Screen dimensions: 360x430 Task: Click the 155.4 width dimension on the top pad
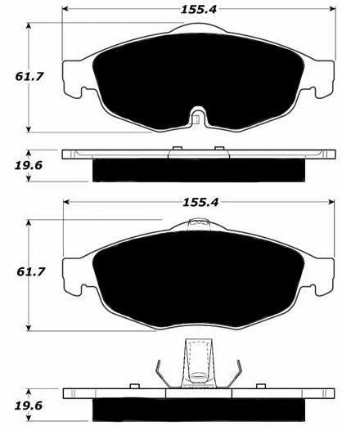click(199, 10)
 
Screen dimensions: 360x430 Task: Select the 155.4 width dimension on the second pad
click(200, 203)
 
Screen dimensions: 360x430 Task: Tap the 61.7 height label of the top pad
click(29, 77)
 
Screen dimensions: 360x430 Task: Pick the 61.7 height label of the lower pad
click(30, 272)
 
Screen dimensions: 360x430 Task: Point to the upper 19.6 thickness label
click(29, 165)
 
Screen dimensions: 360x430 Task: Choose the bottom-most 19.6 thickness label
click(29, 405)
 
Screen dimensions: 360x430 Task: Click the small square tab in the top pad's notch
click(195, 120)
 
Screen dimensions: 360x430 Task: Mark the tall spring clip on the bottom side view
click(198, 363)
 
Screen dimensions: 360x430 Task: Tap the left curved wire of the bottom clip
click(162, 374)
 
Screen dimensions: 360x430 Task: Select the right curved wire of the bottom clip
click(235, 374)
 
